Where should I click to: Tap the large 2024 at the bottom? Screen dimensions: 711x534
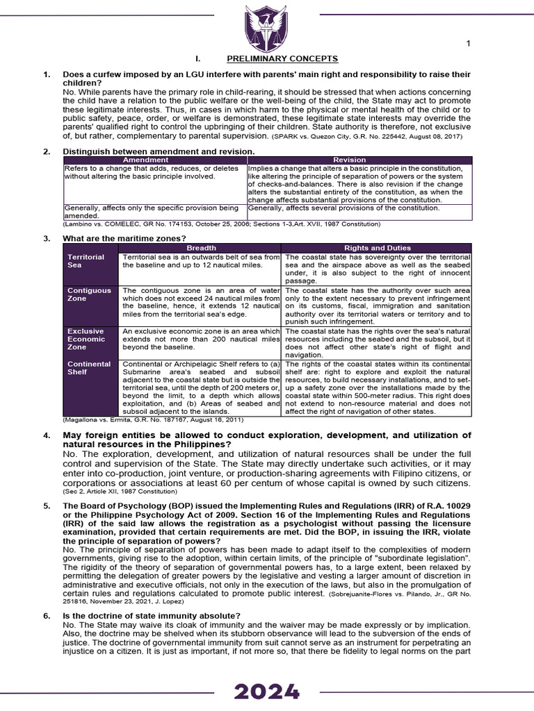tap(267, 692)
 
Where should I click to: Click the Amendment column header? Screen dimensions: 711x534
tap(154, 160)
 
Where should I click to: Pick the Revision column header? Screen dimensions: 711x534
tap(359, 160)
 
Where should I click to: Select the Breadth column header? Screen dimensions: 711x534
tap(202, 248)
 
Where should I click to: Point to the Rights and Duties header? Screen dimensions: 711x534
tap(378, 248)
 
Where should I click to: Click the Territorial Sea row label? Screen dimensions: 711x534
tap(86, 260)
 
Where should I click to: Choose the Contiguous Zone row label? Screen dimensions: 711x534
tap(88, 294)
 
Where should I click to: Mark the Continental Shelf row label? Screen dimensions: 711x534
tap(88, 368)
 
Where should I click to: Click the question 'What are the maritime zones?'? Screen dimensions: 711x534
tap(122, 238)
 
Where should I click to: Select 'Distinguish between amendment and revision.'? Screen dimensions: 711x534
tap(159, 151)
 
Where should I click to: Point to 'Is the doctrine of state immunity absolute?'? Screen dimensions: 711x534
tap(152, 616)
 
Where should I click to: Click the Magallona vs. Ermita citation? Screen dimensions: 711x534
tap(153, 419)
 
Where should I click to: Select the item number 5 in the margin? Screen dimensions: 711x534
tap(46, 506)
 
